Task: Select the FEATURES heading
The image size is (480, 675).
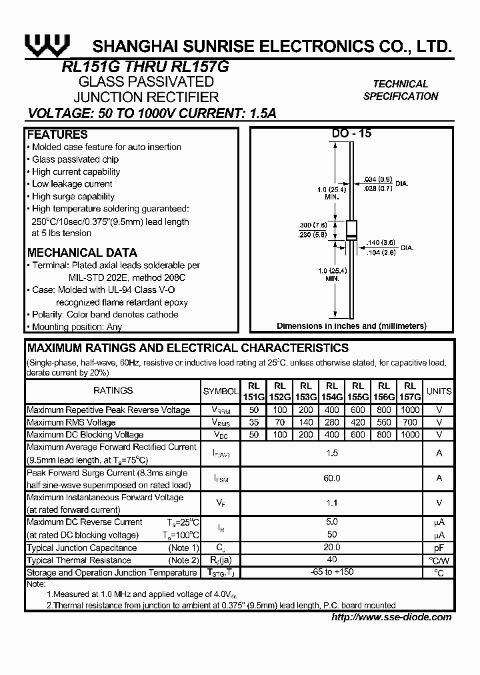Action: point(57,135)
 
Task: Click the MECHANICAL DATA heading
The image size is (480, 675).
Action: point(82,253)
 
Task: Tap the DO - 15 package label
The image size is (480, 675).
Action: point(351,133)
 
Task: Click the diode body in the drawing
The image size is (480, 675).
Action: point(351,229)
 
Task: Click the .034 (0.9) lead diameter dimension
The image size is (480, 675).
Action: point(378,179)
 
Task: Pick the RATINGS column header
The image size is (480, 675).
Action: point(113,391)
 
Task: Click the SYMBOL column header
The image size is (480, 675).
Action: point(220,392)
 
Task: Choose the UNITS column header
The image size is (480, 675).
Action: point(439,392)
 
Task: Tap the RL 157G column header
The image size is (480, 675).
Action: point(410,392)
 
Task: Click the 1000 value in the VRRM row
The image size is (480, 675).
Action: point(410,410)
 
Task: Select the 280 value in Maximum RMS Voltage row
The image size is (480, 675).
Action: point(332,422)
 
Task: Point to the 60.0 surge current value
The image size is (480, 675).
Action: point(332,478)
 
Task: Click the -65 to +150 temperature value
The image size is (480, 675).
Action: point(332,572)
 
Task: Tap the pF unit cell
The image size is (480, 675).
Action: point(439,548)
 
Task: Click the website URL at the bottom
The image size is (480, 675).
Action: point(391,617)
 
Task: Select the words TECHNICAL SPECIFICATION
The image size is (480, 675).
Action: point(401,90)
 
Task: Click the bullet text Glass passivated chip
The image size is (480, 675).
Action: point(75,159)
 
